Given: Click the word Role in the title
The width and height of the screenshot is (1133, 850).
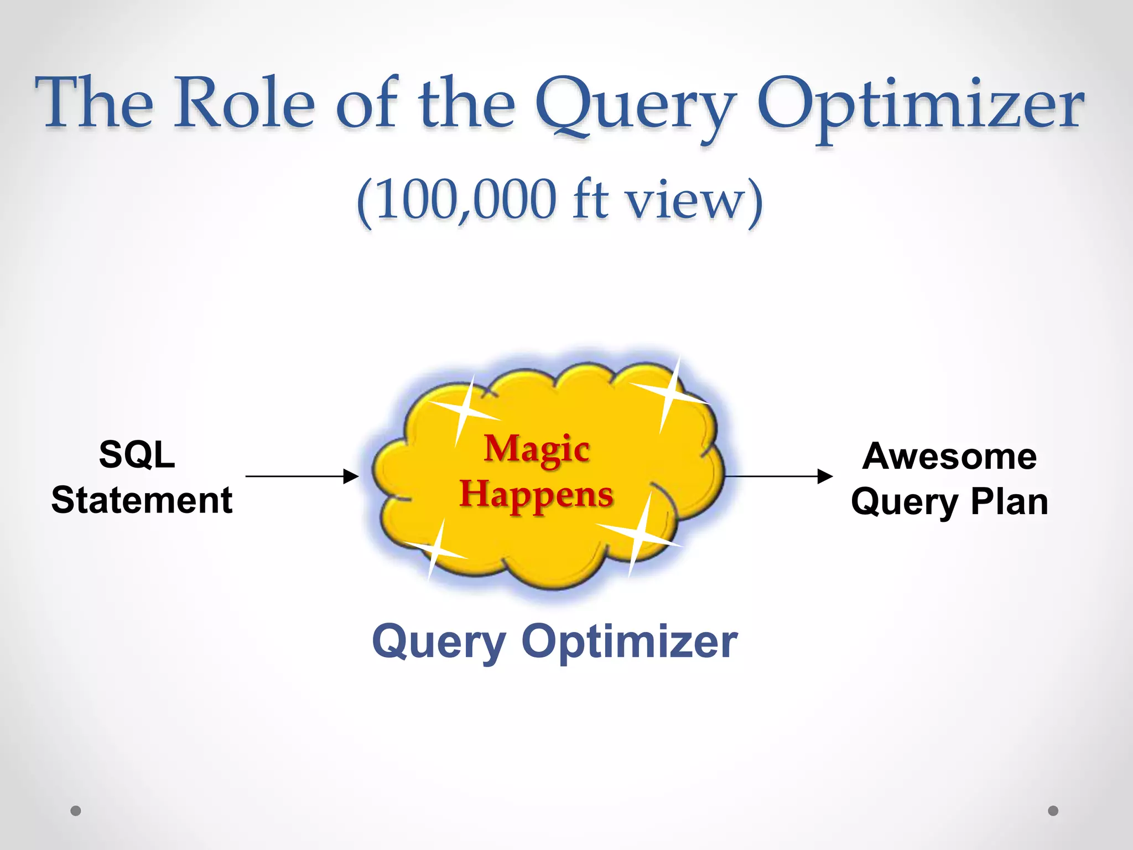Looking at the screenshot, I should [245, 103].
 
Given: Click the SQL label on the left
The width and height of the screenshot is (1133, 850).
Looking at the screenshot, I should [137, 455].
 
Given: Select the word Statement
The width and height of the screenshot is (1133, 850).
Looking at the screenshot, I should [142, 500].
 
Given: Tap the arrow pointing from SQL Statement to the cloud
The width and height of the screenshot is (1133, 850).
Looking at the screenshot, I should [302, 476].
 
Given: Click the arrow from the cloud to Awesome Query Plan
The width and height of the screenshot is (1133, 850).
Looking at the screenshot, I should [777, 476].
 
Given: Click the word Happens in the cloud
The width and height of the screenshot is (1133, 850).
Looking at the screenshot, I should [537, 494].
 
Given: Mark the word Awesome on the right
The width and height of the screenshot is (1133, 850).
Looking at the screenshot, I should [949, 457].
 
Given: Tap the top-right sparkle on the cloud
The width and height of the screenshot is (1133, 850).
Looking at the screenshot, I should [669, 395].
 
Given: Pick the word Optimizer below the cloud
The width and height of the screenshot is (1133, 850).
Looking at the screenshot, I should [629, 642].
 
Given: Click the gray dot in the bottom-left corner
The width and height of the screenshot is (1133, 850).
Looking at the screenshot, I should [76, 811].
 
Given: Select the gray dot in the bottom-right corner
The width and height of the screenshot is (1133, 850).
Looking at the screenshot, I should [1053, 811].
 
